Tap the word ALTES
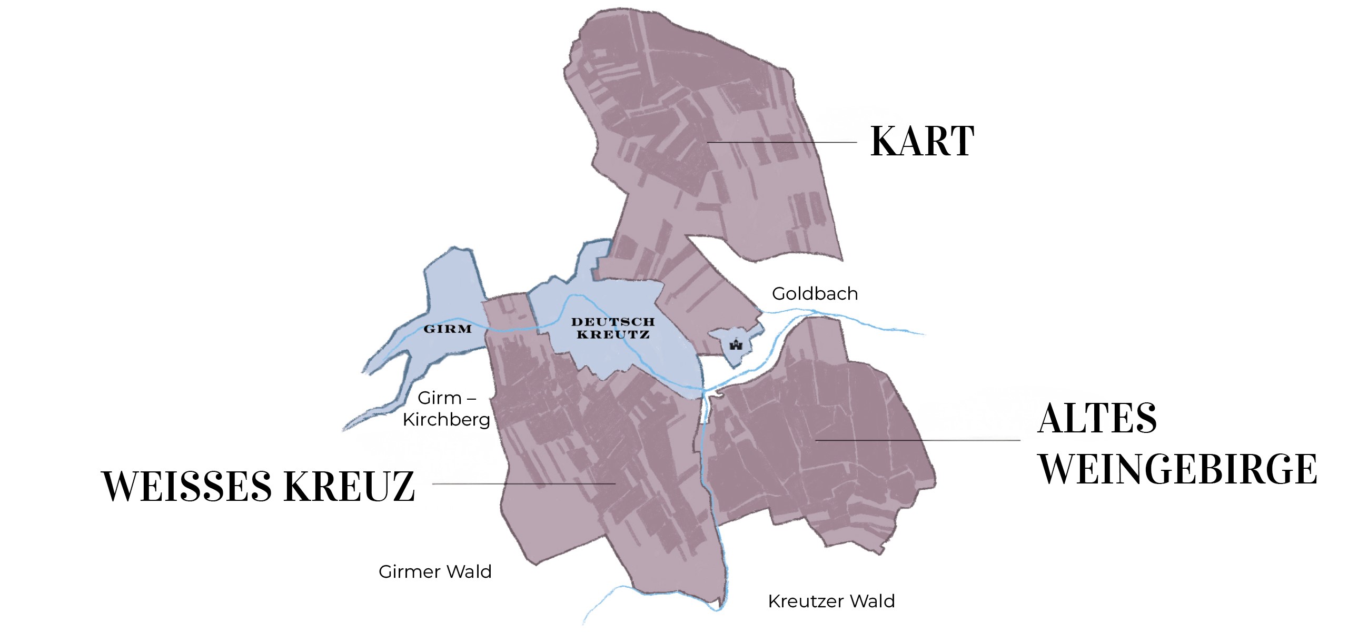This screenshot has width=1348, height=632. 1097,418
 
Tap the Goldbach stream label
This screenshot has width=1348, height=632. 815,293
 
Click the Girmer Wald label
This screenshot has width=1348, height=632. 435,571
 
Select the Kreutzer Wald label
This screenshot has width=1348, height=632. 831,601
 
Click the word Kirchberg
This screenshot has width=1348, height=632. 447,420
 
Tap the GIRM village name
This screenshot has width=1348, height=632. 448,329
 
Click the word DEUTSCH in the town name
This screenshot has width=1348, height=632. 613,322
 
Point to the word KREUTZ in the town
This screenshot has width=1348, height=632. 613,334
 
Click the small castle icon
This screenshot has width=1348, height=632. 736,345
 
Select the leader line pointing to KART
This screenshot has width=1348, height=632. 782,142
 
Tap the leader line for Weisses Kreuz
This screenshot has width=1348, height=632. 523,483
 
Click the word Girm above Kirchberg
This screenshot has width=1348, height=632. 439,398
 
